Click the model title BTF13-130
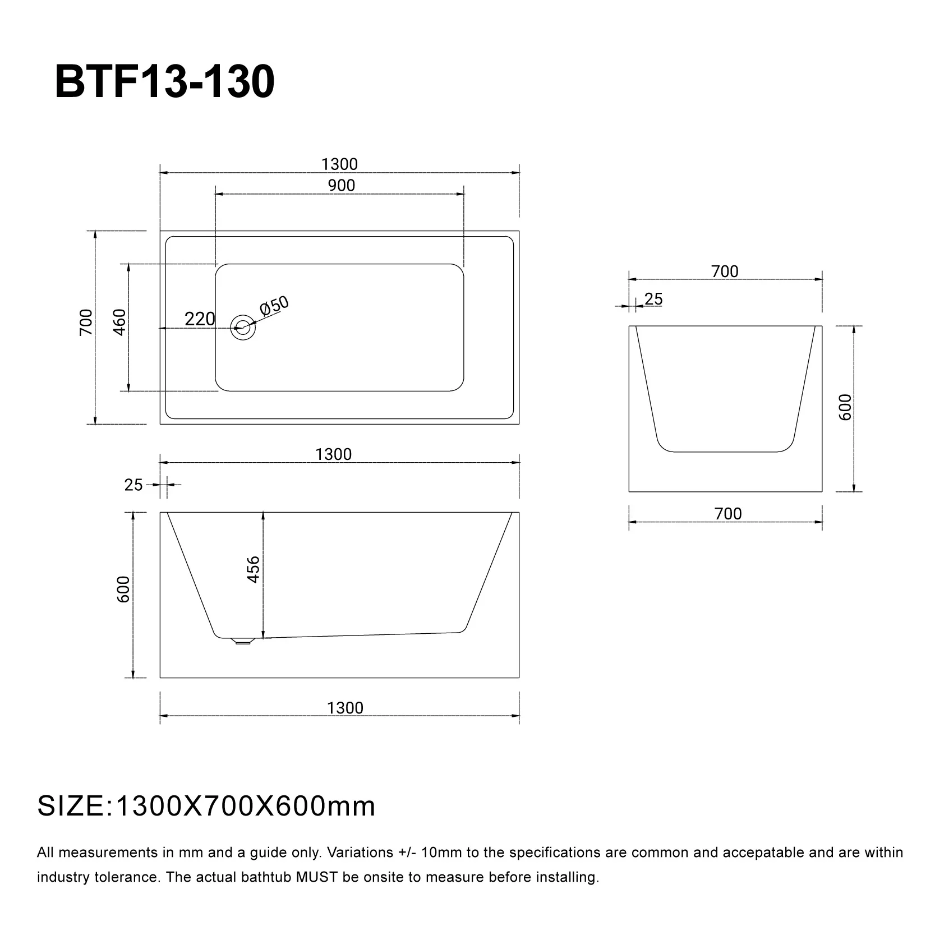165,82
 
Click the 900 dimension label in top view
342,186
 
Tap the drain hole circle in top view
243,326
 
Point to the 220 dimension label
200,319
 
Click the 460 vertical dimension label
120,322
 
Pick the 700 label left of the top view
86,322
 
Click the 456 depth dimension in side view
254,569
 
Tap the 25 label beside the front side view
133,485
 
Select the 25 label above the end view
653,300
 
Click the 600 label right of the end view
845,407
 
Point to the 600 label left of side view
123,589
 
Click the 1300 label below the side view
345,708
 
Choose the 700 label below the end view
728,514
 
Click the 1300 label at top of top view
339,164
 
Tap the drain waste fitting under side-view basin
242,641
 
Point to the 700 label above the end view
725,271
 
